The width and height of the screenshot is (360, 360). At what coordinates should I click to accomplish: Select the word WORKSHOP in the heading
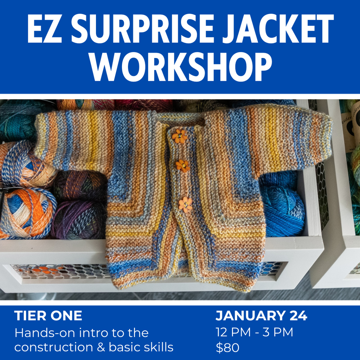coord(180,67)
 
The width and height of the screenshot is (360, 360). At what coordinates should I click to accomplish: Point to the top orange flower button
coord(180,136)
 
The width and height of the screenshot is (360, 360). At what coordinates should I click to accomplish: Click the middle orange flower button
coord(183,165)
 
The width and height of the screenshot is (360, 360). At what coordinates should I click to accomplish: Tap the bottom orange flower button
coord(185,205)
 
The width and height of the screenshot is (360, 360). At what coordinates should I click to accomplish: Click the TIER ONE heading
coord(48,316)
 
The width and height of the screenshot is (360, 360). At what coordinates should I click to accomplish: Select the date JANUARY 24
coord(261,316)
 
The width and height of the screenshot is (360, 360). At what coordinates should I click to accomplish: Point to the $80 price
coord(227,348)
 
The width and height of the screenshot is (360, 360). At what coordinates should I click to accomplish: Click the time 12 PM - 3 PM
coord(254,332)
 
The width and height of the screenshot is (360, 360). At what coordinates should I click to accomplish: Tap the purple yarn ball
coord(78,220)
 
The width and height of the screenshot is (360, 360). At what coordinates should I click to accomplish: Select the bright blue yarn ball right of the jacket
coord(283,211)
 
